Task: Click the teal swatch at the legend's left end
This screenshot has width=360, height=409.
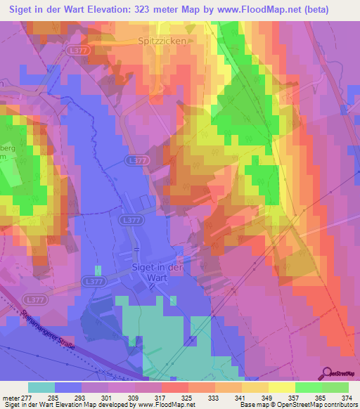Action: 41,387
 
